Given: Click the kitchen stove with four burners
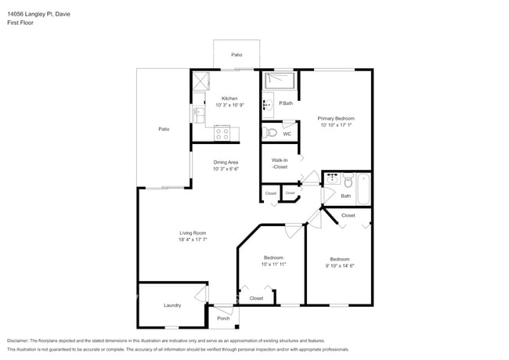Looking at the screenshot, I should pos(222,133).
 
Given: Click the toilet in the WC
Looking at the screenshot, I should pos(271,132).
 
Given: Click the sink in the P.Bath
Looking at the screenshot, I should pos(267,103).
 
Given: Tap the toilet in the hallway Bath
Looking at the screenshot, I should pos(348,182).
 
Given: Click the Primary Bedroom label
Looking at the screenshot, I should pos(336,118).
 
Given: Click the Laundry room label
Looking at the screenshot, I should pos(172,305).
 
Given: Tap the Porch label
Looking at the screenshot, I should pos(223,318).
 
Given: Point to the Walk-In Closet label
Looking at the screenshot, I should pos(280,164).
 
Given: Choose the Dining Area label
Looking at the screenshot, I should pos(226,162).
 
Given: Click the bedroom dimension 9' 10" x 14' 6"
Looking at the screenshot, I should pos(339,265).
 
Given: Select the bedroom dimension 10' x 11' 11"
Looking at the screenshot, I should pos(273,264).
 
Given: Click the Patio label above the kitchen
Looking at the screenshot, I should pos(236,55).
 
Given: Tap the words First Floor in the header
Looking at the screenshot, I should pos(20,23).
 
